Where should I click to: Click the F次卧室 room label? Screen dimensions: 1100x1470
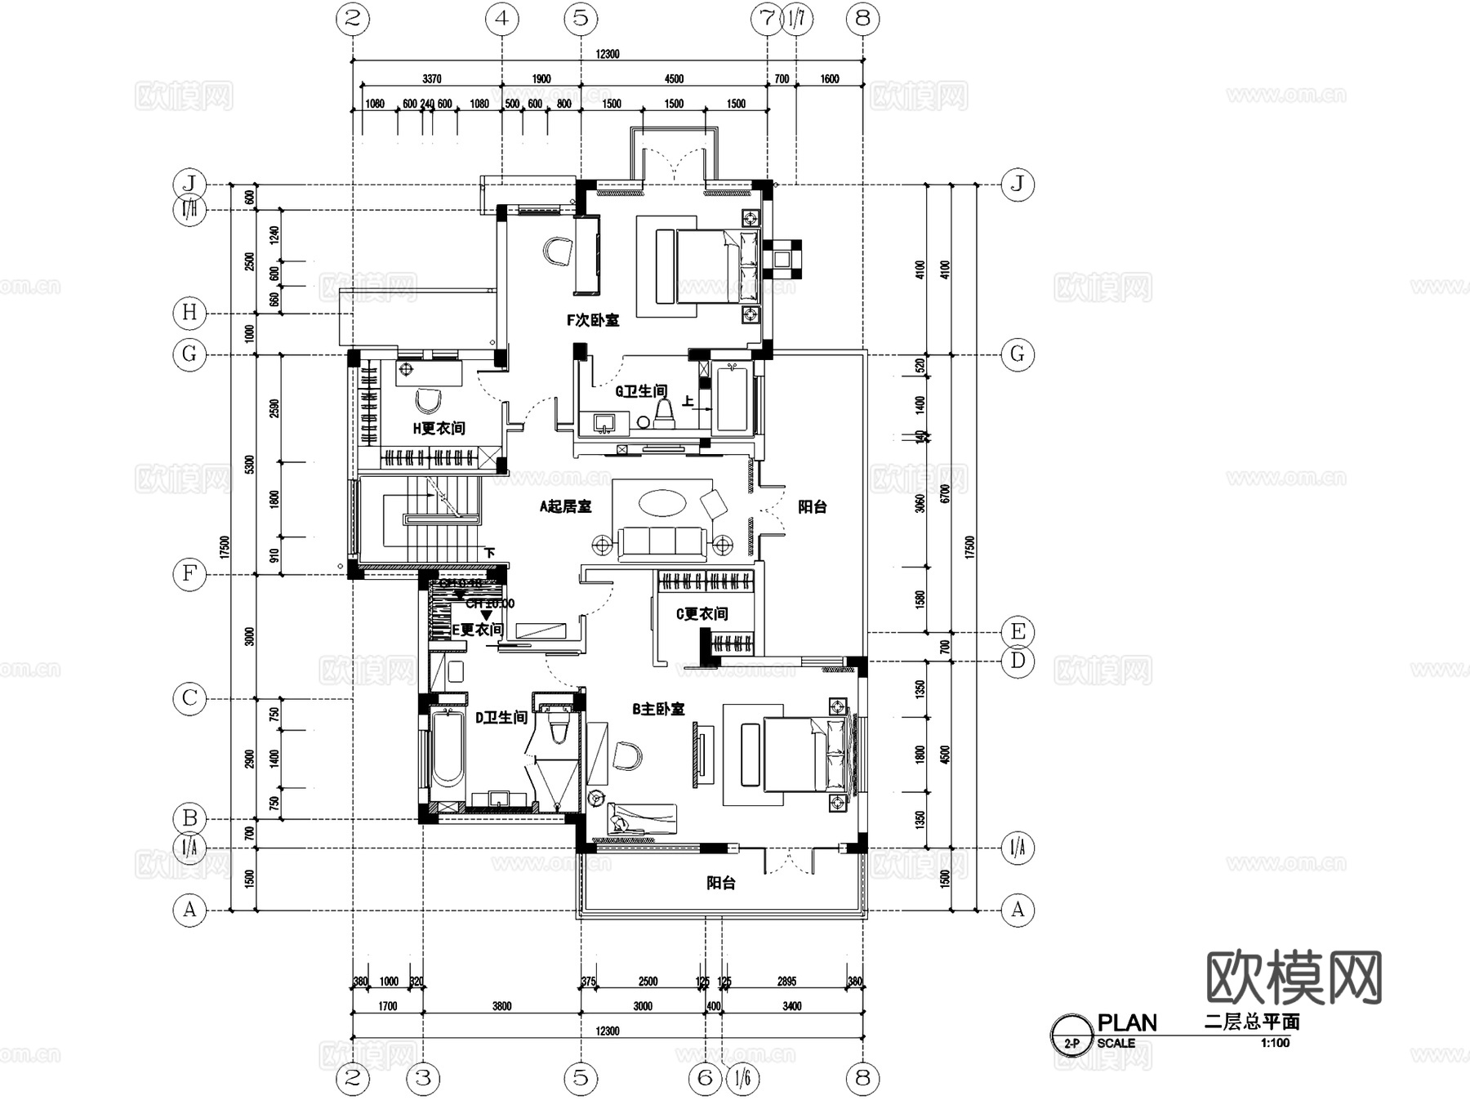[x=593, y=320]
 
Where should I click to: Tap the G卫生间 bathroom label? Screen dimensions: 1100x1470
[x=641, y=391]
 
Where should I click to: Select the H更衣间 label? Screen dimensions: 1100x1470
[x=439, y=428]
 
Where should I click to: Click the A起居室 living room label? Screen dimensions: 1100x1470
[x=565, y=506]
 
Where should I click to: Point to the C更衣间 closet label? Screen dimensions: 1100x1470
[x=702, y=613]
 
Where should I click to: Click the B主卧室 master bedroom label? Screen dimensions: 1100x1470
[x=658, y=710]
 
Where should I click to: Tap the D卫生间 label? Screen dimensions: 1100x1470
[x=501, y=717]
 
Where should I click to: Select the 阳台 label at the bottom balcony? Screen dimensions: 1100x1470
[x=720, y=883]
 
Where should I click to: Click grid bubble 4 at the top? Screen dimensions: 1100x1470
[x=501, y=18]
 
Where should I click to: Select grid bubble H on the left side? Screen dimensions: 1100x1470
[x=189, y=312]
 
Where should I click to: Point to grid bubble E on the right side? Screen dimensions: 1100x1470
[x=1018, y=631]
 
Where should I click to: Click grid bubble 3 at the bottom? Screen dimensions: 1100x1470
[x=423, y=1078]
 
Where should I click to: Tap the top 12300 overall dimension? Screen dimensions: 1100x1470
[x=608, y=54]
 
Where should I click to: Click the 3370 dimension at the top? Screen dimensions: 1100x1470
[x=431, y=78]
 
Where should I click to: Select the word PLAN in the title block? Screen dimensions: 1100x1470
[x=1126, y=1023]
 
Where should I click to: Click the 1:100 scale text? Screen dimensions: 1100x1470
[x=1274, y=1043]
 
